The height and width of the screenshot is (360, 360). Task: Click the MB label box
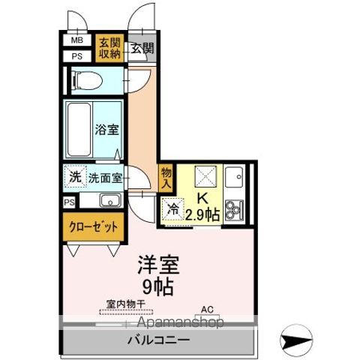tap(77, 40)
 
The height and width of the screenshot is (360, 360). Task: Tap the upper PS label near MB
tap(77, 55)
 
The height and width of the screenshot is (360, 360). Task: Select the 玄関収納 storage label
tap(110, 47)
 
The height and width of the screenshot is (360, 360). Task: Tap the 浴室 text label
tap(105, 129)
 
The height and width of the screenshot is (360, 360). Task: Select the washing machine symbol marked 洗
tap(74, 178)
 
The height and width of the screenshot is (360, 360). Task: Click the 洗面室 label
tap(105, 178)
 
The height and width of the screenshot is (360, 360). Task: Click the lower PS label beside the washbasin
tap(68, 202)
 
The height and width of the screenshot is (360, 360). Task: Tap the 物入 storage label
tap(166, 177)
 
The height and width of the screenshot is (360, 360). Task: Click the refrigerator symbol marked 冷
tap(172, 208)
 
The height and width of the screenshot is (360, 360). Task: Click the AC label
tap(206, 307)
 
